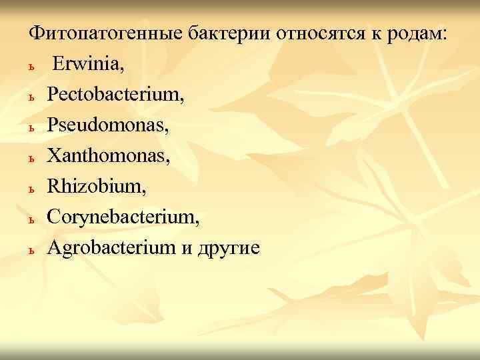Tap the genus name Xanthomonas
[x=108, y=157]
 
